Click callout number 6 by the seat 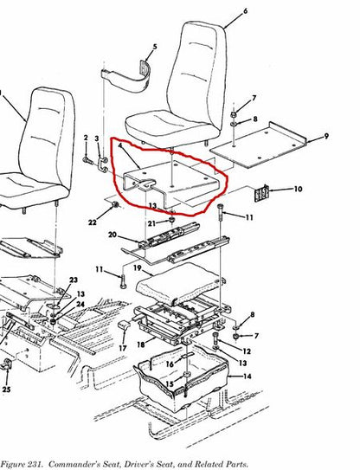coord(246,11)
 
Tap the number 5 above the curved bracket coord(155,47)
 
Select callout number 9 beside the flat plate coord(326,136)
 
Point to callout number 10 coord(298,190)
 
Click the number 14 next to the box coord(247,377)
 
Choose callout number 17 coord(123,348)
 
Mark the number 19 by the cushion coord(138,267)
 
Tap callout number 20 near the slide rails coord(112,235)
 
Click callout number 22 coord(93,222)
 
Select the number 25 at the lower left coord(6,389)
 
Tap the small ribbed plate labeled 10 coord(261,193)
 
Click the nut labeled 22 coord(115,205)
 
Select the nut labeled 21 coord(171,221)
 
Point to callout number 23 coord(74,280)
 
